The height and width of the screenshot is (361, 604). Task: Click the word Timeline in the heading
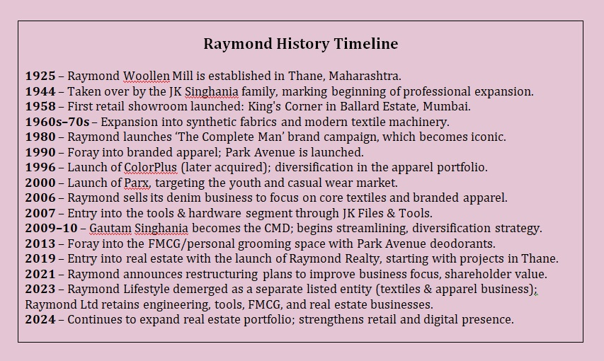pyautogui.click(x=365, y=44)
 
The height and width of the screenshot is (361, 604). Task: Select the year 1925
pyautogui.click(x=40, y=76)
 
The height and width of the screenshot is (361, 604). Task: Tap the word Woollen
pyautogui.click(x=147, y=76)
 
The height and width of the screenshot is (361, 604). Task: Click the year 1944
pyautogui.click(x=40, y=91)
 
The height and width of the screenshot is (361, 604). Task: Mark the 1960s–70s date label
pyautogui.click(x=57, y=122)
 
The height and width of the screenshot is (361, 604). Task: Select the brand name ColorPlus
pyautogui.click(x=150, y=168)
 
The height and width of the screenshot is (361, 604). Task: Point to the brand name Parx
pyautogui.click(x=137, y=183)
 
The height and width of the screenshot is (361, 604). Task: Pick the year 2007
pyautogui.click(x=40, y=213)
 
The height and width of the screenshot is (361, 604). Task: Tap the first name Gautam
pyautogui.click(x=110, y=228)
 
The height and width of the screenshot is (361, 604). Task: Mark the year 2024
pyautogui.click(x=40, y=319)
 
